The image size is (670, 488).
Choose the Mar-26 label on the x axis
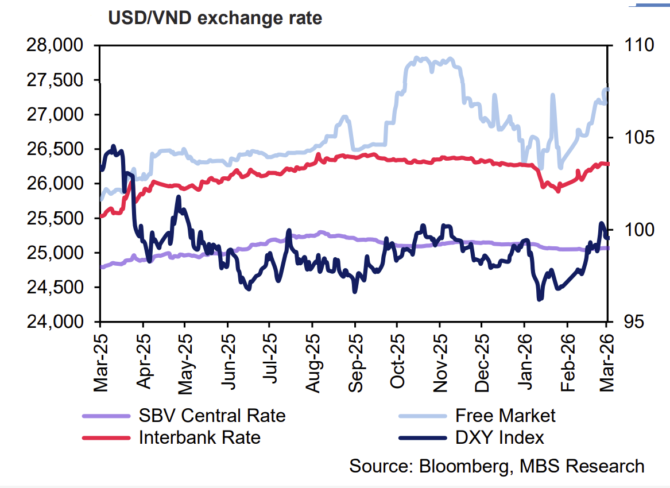[607, 360]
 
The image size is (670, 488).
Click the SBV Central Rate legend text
[212, 415]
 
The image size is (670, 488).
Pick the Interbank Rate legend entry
[200, 437]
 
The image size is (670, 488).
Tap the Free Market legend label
[505, 415]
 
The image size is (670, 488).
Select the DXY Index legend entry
[499, 437]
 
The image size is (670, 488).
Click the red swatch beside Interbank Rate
[106, 437]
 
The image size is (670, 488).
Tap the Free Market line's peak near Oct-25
[417, 58]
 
